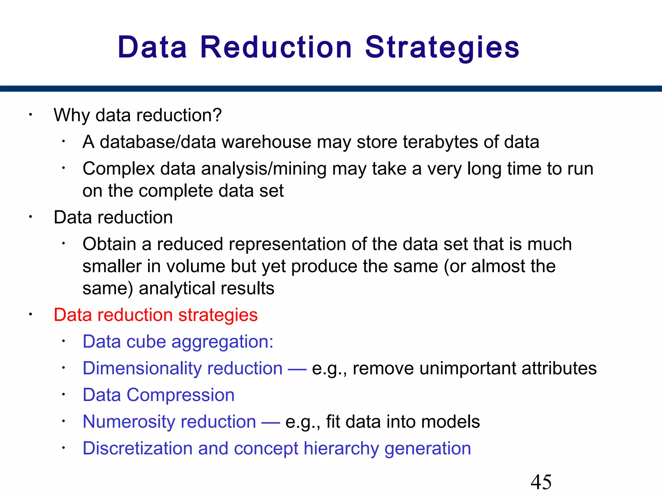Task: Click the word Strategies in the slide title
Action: pyautogui.click(x=442, y=48)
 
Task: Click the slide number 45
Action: pyautogui.click(x=541, y=482)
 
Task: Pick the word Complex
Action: pyautogui.click(x=119, y=169)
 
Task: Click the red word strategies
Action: pyautogui.click(x=218, y=315)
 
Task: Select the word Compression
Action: pyautogui.click(x=180, y=395)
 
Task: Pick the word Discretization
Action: pyautogui.click(x=138, y=448)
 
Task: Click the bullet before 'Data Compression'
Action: pyautogui.click(x=64, y=394)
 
